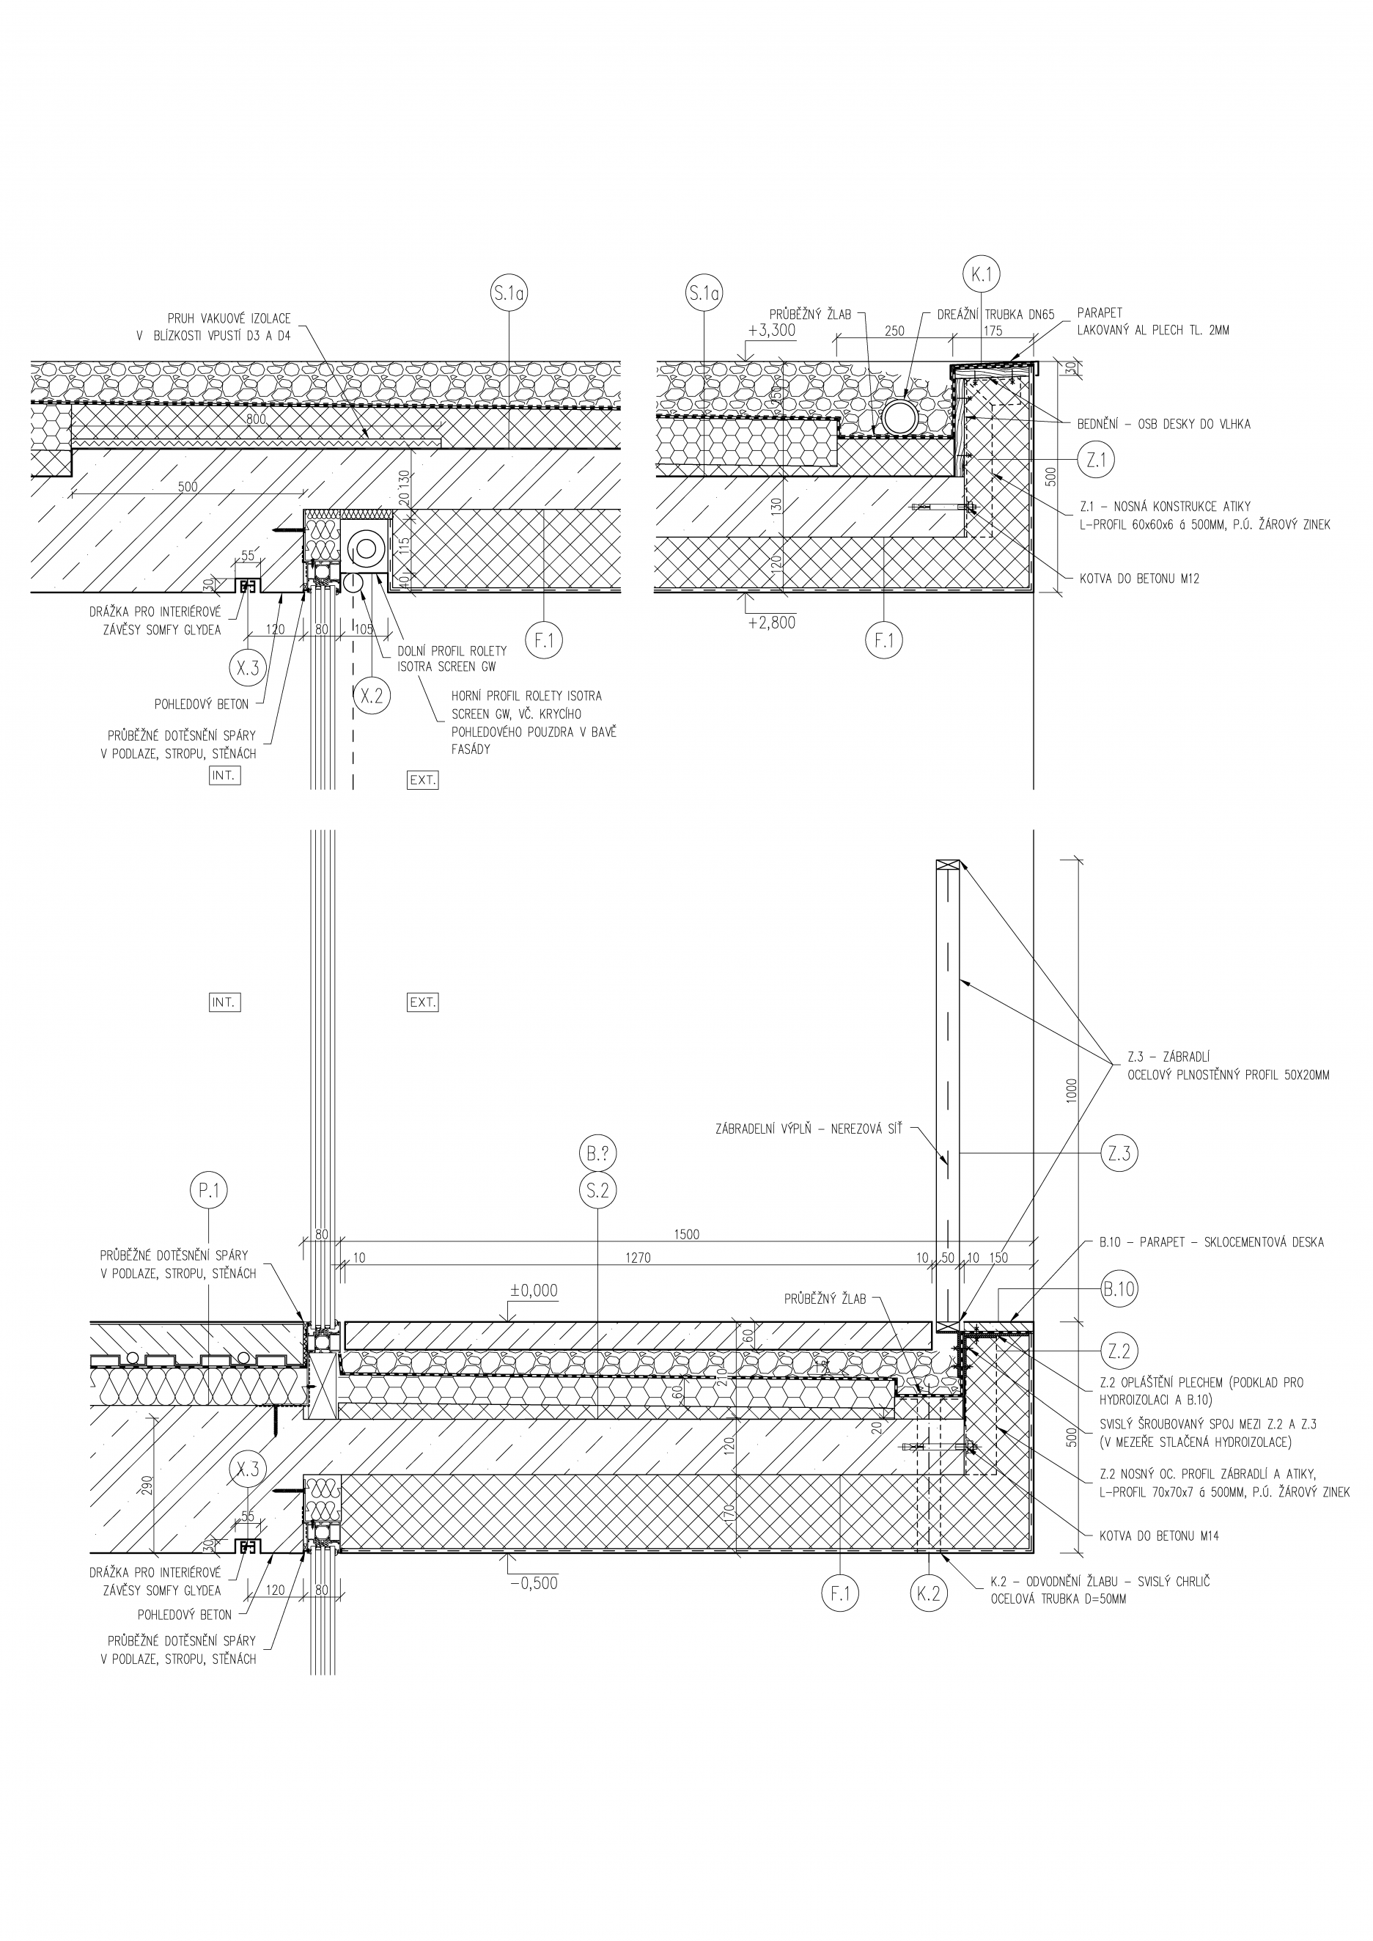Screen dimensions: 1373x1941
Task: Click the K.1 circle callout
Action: click(981, 274)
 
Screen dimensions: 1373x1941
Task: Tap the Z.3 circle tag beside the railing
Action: click(1119, 1153)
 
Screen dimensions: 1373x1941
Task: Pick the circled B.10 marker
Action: click(1119, 1290)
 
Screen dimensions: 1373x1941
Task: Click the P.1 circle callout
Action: click(209, 1191)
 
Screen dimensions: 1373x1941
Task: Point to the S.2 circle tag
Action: click(597, 1191)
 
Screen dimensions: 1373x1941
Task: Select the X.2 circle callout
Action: click(371, 695)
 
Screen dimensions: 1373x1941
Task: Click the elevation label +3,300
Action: click(772, 331)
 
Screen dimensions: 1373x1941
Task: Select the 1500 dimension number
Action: click(688, 1235)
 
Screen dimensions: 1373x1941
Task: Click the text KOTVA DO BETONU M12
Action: click(1139, 579)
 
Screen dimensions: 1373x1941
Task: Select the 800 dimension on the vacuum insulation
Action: click(256, 419)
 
